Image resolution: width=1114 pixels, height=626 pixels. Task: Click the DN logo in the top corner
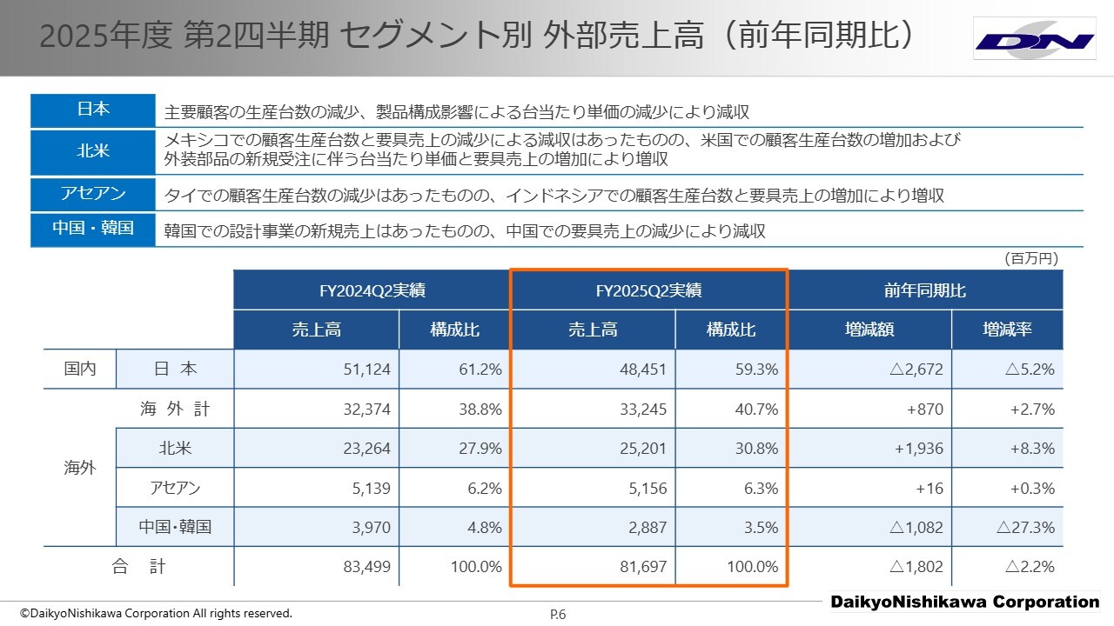pyautogui.click(x=1034, y=39)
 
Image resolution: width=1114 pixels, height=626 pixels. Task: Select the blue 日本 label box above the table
pyautogui.click(x=93, y=110)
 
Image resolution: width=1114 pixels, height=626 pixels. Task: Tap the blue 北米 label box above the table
pyautogui.click(x=93, y=150)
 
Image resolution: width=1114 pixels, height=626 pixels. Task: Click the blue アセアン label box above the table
pyautogui.click(x=93, y=194)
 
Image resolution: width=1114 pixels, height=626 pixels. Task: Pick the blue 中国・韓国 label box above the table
pyautogui.click(x=93, y=229)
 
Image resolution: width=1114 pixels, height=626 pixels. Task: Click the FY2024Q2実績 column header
pyautogui.click(x=371, y=290)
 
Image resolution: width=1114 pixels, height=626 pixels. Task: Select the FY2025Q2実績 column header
pyautogui.click(x=648, y=290)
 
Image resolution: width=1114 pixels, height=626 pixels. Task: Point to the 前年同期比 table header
pyautogui.click(x=924, y=290)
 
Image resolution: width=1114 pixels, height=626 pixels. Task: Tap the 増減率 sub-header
pyautogui.click(x=1006, y=330)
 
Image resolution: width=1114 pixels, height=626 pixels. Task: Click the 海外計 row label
pyautogui.click(x=175, y=410)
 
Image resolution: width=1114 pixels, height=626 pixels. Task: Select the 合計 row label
pyautogui.click(x=139, y=567)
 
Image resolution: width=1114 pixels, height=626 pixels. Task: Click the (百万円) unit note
pyautogui.click(x=1031, y=258)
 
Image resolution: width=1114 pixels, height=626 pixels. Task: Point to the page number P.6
pyautogui.click(x=558, y=615)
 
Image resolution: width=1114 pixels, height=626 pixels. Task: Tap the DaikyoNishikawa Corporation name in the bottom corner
pyautogui.click(x=964, y=602)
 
